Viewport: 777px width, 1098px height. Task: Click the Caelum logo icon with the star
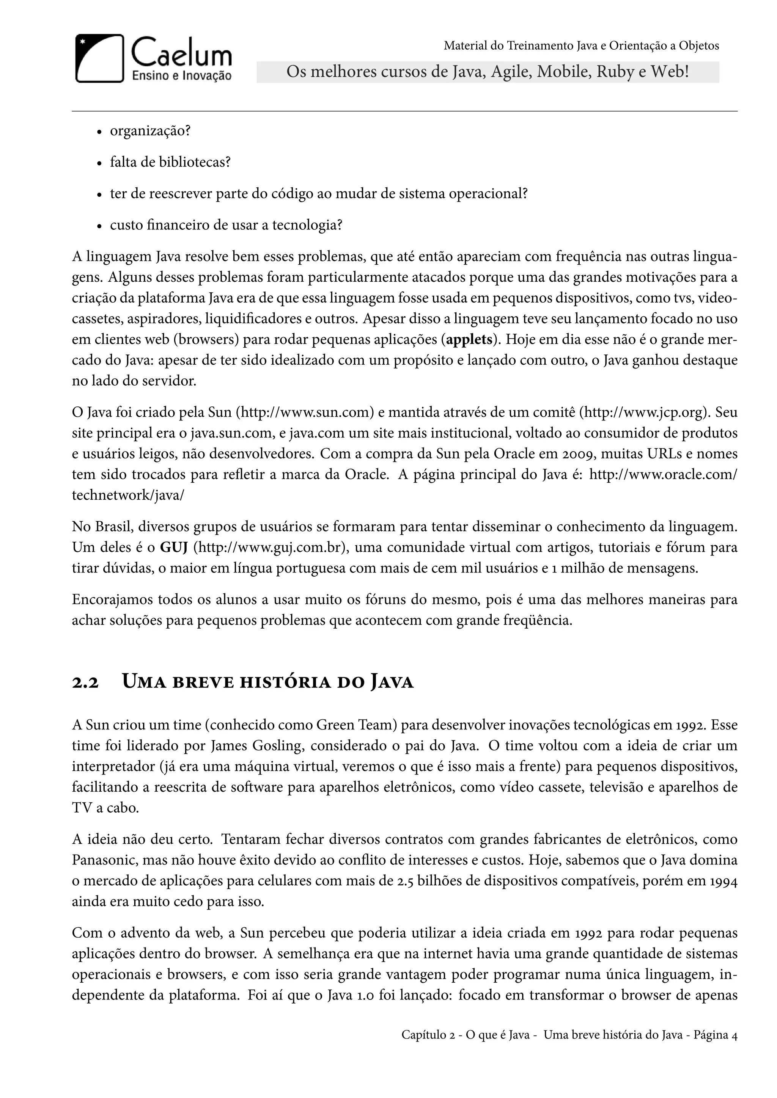tap(99, 59)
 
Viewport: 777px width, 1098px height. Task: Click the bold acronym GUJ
tap(173, 547)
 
